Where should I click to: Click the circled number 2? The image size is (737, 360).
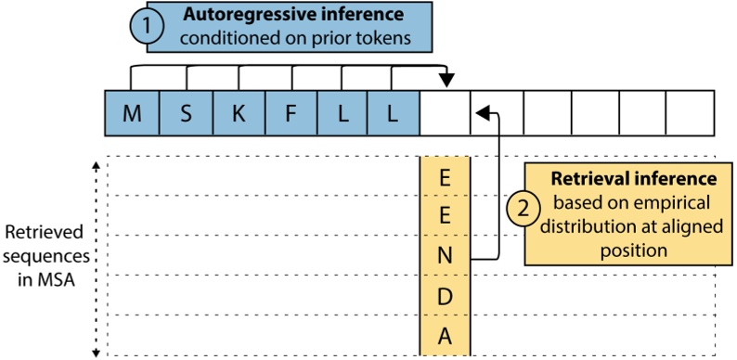coord(523,211)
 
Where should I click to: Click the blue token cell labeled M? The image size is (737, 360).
coord(133,114)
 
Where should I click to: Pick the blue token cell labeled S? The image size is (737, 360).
coord(187,114)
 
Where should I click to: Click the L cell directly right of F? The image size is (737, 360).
coord(343,114)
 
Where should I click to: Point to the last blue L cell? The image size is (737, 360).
coord(395,114)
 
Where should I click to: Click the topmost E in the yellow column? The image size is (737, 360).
coord(445,178)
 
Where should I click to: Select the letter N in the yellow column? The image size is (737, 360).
coord(445,257)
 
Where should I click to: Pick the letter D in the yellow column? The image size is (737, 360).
coord(445,297)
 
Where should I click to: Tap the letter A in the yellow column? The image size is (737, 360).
coord(445,337)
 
